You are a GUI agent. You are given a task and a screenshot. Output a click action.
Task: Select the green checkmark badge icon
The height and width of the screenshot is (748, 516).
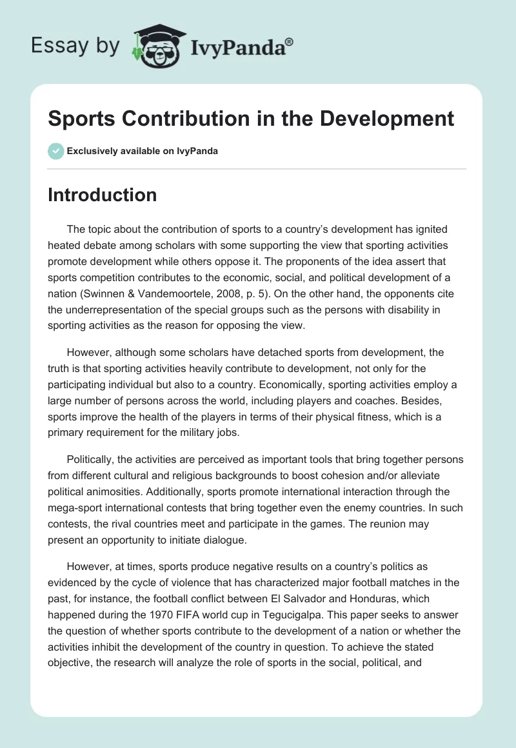55,151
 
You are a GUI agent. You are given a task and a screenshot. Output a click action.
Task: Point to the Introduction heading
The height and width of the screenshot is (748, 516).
102,195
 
